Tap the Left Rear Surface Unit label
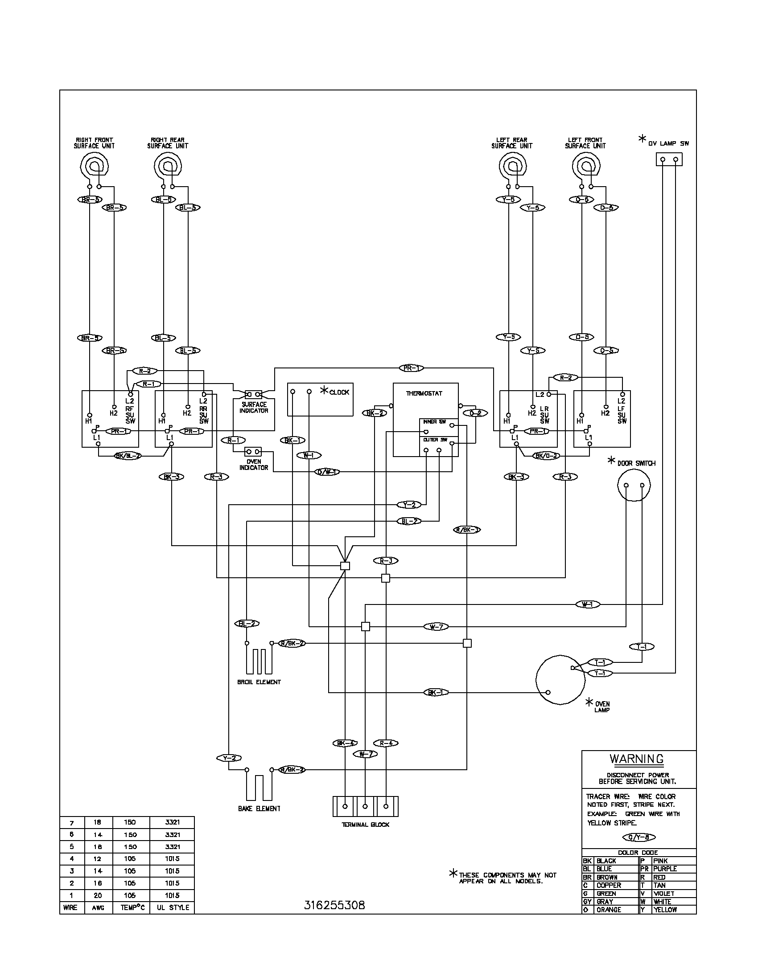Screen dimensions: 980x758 [511, 143]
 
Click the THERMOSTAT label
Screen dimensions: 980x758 [424, 393]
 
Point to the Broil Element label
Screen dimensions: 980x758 [259, 682]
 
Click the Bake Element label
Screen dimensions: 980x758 [259, 808]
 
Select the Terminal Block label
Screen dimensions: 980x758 [366, 825]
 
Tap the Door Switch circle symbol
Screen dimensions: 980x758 [634, 486]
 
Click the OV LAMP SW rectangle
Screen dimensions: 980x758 [669, 159]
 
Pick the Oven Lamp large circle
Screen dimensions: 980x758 [560, 679]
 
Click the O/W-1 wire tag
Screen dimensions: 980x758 [328, 472]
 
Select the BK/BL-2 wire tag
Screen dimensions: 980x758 [128, 456]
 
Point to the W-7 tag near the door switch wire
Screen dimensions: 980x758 [436, 626]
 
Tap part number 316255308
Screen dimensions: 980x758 [334, 906]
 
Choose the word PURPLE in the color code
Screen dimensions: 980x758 [665, 869]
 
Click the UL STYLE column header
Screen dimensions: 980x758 [173, 907]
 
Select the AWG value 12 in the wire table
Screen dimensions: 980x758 [98, 859]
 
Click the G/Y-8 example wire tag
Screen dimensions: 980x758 [639, 837]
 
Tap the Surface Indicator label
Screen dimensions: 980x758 [254, 408]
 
